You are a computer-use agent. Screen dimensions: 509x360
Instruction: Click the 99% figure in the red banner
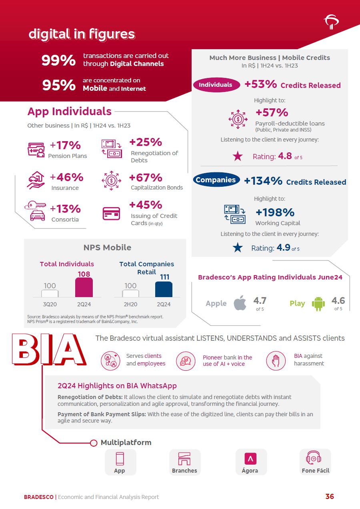58,60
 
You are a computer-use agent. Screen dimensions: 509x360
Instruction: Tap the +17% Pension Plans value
65,145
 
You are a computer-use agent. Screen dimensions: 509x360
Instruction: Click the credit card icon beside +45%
111,213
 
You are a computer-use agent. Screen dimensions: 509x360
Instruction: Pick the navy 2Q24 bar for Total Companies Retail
164,289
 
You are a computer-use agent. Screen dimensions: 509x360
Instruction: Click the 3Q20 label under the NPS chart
50,304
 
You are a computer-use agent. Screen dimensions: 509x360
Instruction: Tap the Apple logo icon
240,303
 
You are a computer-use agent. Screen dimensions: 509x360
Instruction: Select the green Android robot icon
318,303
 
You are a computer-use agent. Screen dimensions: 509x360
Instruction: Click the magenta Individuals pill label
216,85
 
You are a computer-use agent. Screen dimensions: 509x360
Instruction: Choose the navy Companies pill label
216,180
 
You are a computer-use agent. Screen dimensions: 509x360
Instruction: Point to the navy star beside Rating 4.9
238,248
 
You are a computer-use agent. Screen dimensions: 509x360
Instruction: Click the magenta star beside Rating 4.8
238,156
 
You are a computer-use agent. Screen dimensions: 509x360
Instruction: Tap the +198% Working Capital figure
275,212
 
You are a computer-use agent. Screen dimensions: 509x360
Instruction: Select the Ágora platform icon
250,459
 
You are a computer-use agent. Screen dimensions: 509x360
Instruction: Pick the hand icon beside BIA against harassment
276,360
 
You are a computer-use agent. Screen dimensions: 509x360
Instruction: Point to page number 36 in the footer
330,497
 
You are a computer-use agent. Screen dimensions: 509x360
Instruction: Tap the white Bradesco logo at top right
332,22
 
